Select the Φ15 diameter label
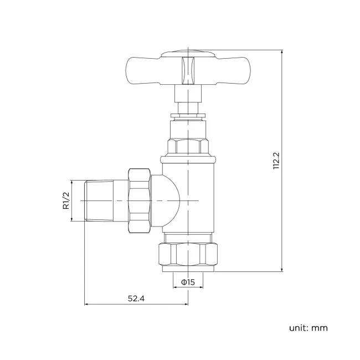188,282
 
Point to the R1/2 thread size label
65,200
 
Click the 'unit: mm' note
308,328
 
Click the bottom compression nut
188,254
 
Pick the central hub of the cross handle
188,69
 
